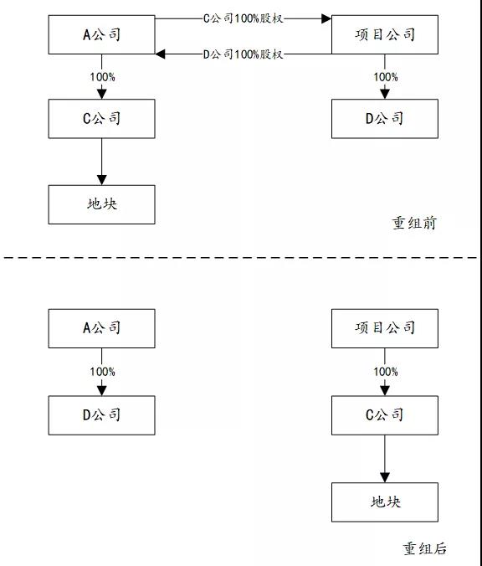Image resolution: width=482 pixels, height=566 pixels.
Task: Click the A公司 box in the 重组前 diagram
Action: [102, 34]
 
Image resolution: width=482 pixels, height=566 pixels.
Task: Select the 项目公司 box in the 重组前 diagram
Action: [385, 34]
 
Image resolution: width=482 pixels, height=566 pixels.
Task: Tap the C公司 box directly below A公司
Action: [102, 119]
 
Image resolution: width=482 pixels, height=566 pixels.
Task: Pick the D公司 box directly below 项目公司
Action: [385, 119]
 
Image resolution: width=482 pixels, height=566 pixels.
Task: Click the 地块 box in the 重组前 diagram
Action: [102, 204]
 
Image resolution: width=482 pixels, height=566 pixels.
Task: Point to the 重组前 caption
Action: [414, 223]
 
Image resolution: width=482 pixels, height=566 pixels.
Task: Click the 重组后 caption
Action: [425, 548]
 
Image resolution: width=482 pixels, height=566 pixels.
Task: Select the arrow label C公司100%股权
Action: [244, 18]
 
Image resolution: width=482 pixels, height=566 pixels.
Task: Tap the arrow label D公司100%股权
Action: [244, 54]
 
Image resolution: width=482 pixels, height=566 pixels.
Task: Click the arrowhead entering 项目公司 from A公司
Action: [326, 18]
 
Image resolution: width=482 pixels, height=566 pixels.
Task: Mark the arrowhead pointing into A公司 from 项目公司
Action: [160, 54]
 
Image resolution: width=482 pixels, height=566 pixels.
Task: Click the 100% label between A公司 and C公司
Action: [102, 77]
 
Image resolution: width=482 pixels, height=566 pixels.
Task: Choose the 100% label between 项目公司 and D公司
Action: [386, 77]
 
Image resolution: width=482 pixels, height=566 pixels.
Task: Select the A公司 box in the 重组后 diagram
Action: [102, 328]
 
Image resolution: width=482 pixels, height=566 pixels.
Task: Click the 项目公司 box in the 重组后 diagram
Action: [385, 328]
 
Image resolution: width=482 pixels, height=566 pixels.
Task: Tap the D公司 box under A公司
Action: [102, 415]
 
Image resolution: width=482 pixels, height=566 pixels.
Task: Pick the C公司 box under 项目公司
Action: [385, 415]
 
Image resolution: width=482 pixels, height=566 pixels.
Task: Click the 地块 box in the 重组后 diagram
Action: [385, 502]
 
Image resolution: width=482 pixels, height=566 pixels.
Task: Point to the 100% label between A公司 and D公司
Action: [102, 372]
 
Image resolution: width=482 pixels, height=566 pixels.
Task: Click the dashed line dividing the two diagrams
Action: [241, 258]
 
